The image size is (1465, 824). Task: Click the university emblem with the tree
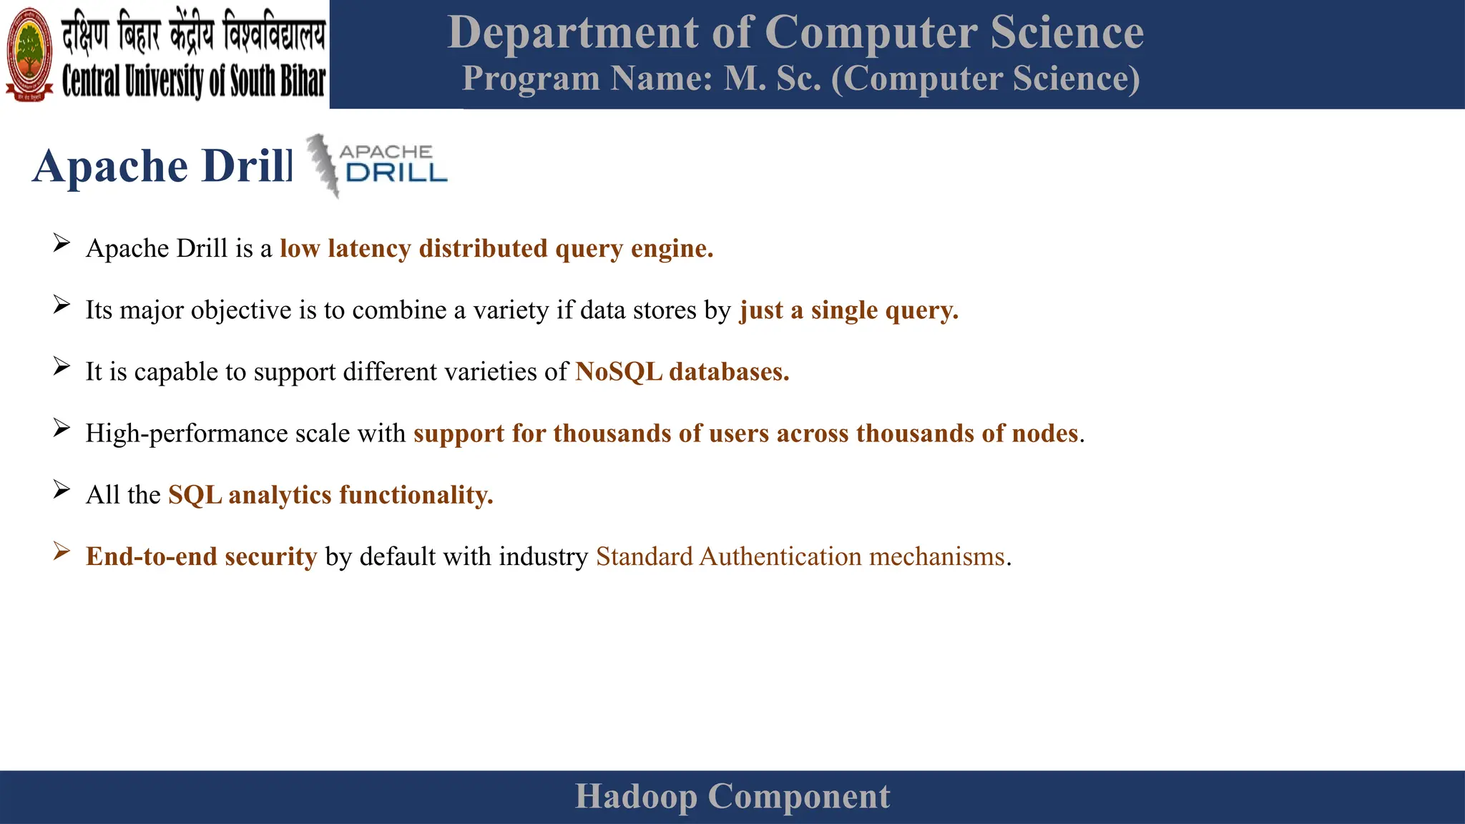coord(29,54)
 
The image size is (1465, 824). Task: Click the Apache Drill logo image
coord(376,165)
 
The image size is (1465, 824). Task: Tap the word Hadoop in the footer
coord(635,797)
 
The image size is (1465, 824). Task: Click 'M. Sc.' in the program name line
coord(773,79)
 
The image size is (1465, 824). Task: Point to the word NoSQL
coord(619,372)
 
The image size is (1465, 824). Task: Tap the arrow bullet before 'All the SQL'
coord(62,490)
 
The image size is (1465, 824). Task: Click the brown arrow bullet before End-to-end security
coord(62,551)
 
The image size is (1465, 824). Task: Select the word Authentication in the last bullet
coord(780,556)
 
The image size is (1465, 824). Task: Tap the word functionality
coord(416,495)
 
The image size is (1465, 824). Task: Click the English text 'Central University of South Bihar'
coord(193,81)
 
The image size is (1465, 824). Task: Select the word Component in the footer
coord(798,797)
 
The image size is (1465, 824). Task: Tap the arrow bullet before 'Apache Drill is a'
coord(62,244)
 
